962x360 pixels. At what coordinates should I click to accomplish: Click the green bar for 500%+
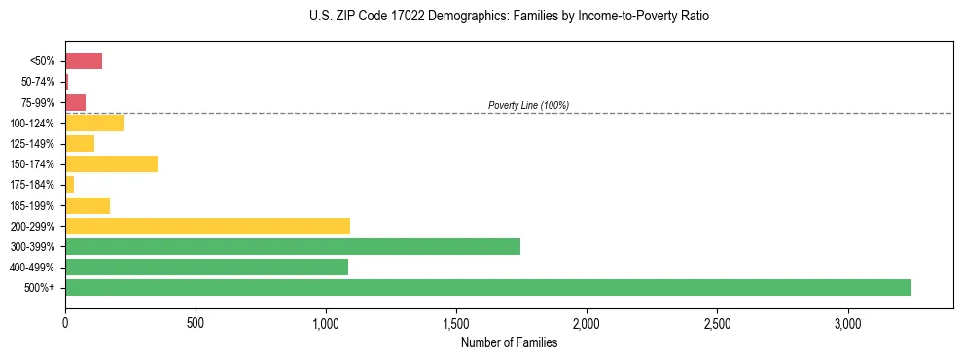coord(488,287)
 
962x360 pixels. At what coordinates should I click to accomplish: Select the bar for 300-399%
coord(293,246)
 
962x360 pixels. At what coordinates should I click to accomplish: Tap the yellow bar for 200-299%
coord(207,226)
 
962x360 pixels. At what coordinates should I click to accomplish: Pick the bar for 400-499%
coord(206,267)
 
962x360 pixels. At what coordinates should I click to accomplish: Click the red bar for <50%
coord(84,61)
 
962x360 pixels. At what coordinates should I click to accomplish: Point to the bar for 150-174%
coord(111,164)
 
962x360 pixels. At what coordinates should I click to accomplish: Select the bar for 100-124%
coord(94,123)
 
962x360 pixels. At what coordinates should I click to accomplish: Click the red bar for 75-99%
coord(76,102)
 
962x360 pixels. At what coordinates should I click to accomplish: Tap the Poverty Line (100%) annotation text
coord(528,105)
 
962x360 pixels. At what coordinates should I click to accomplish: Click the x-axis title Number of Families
coord(509,342)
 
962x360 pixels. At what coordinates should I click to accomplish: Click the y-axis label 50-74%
coord(38,82)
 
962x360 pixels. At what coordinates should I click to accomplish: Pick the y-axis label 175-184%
coord(34,185)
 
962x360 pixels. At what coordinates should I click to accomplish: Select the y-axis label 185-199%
coord(34,205)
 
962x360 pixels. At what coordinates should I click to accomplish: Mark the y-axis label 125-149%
coord(34,144)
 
